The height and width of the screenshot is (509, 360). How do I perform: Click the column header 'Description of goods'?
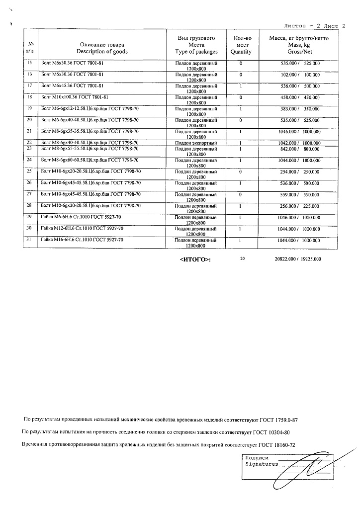(102, 51)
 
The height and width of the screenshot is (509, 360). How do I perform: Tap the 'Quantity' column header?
(241, 52)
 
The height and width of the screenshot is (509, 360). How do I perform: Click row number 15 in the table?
(29, 63)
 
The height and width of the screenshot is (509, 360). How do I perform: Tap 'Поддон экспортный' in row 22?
(196, 143)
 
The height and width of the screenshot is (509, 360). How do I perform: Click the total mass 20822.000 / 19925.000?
(298, 259)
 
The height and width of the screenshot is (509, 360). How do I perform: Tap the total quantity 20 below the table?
(242, 258)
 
